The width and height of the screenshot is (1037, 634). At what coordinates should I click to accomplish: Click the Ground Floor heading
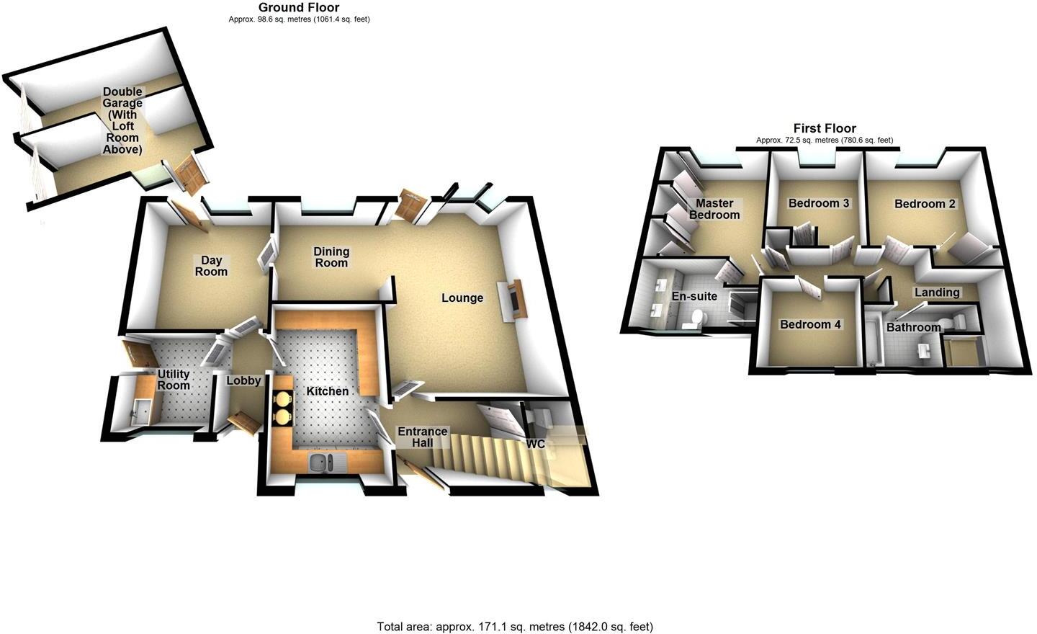tap(299, 8)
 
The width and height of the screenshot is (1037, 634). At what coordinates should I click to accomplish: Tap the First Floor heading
tap(825, 128)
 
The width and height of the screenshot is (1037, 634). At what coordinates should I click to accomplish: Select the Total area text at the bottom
tap(515, 626)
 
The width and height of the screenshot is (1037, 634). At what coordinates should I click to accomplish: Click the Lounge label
tap(462, 298)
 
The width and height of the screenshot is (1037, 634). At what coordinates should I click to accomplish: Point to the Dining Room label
tap(331, 257)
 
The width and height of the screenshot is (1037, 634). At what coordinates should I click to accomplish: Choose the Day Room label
tap(211, 266)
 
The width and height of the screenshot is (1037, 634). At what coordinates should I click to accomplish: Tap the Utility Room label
tap(174, 380)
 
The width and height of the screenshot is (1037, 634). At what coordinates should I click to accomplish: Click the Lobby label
tap(243, 380)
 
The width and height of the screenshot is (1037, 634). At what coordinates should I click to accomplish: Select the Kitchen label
tap(328, 391)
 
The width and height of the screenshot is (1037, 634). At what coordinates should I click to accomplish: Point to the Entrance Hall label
tap(423, 437)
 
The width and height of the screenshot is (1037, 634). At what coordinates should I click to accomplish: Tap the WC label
tap(535, 445)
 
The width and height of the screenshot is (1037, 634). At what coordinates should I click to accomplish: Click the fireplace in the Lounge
tap(516, 300)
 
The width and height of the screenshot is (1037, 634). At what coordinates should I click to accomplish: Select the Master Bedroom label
tap(714, 209)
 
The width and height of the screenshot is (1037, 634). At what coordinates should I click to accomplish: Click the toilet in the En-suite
tap(695, 318)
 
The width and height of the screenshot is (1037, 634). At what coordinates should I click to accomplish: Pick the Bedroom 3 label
tap(819, 203)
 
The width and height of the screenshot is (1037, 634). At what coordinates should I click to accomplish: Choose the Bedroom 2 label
tap(925, 204)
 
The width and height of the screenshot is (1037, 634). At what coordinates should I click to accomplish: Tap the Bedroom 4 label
tap(810, 324)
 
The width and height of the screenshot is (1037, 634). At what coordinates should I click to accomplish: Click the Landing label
tap(937, 293)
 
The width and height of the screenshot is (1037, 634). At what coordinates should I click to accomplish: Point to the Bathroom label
tap(913, 328)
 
